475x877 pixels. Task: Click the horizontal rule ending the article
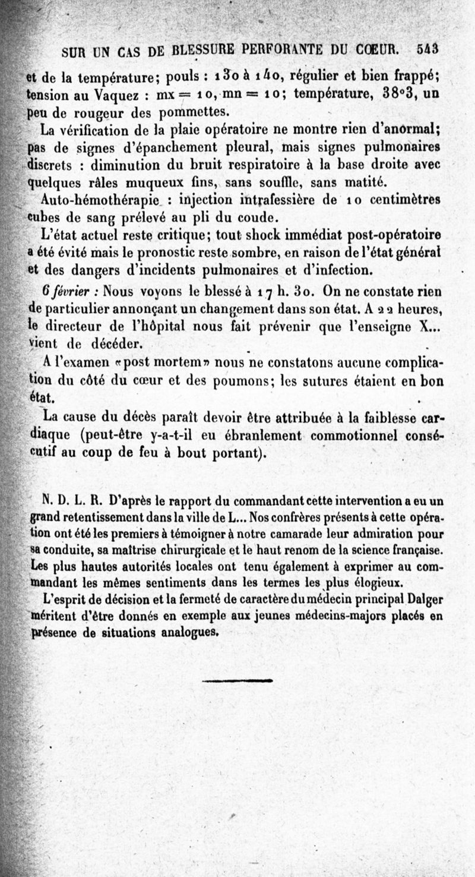point(237,681)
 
